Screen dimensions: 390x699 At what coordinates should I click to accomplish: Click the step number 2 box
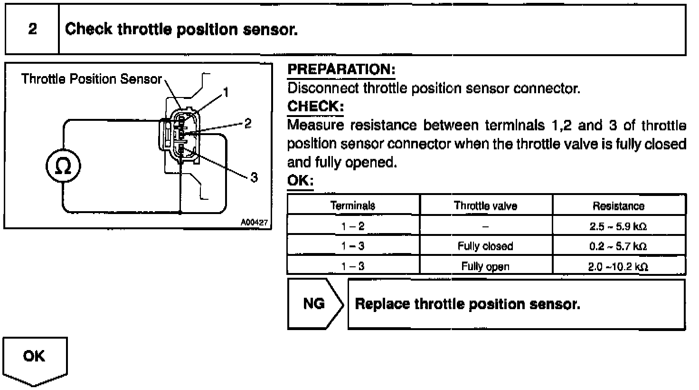32,29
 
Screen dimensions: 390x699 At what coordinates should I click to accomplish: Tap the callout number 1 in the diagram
227,92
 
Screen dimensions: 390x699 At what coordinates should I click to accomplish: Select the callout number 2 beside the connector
247,124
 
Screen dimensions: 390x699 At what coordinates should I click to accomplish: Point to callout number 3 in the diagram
254,177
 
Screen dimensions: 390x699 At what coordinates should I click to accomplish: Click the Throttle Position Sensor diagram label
92,79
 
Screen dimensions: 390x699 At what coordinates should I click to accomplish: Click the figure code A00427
255,222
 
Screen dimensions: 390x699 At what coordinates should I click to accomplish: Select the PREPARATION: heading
341,70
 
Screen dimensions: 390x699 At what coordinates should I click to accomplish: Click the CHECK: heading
315,107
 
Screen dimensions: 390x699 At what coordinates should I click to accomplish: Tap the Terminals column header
353,205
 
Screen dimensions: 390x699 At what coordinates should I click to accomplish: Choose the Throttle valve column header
485,205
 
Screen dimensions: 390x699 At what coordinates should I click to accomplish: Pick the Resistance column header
618,206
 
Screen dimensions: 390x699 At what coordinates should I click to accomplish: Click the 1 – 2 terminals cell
353,226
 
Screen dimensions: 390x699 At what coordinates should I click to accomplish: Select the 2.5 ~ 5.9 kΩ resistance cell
618,226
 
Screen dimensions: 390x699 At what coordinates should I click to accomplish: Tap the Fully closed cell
485,246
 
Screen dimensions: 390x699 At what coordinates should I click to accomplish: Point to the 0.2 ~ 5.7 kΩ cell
618,246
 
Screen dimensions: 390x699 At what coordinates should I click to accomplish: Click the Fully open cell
485,266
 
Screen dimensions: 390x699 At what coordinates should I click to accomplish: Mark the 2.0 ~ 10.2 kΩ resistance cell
618,266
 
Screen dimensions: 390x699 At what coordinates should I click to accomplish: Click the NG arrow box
315,303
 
